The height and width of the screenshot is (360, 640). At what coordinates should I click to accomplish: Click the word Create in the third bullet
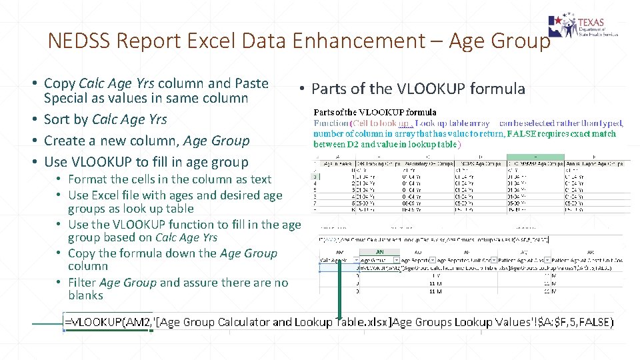pos(63,141)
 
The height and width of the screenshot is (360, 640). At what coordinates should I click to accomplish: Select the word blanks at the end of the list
pos(85,295)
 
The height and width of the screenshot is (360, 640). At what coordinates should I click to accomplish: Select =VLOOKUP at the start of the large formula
pos(93,322)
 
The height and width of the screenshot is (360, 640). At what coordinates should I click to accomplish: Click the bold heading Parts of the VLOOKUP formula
pos(375,112)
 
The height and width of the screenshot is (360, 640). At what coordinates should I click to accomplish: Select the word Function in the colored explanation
pos(331,123)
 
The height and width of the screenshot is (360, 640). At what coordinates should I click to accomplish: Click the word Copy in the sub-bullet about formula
pos(81,253)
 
